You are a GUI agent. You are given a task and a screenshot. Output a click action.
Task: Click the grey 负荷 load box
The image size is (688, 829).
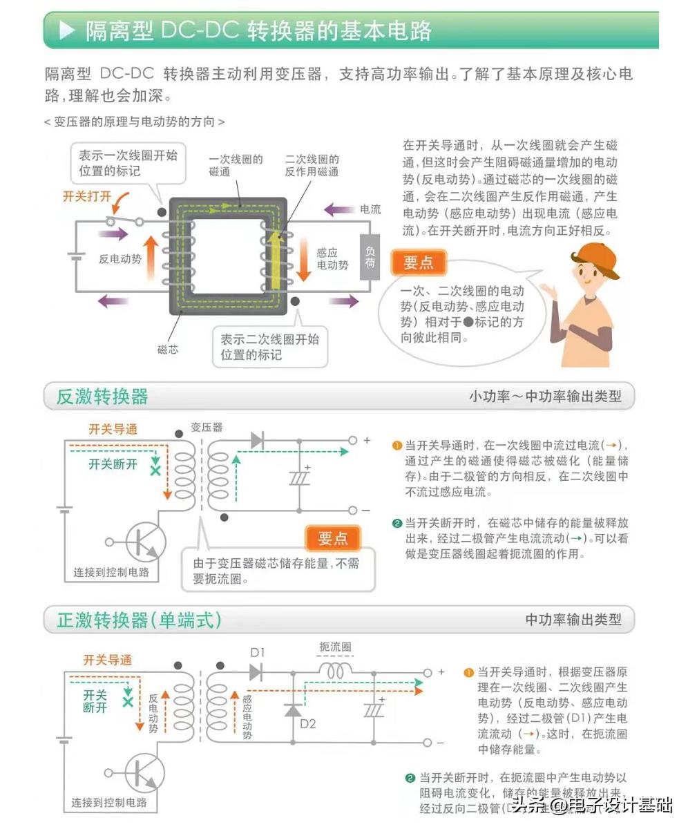click(x=370, y=257)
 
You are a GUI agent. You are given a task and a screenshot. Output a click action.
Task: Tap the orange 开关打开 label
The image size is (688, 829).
click(x=86, y=196)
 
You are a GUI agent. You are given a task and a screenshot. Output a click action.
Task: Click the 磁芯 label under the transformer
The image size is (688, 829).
click(x=168, y=350)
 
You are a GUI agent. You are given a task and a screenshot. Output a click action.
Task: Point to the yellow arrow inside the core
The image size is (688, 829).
click(x=276, y=259)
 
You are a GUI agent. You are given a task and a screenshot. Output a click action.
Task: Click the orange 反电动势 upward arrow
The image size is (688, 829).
click(x=151, y=258)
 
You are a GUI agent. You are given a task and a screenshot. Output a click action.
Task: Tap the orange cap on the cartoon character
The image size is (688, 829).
click(x=596, y=258)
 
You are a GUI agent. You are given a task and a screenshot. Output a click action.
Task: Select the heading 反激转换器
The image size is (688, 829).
click(x=102, y=397)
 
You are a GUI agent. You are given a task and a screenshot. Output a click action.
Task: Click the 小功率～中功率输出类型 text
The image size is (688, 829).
click(x=545, y=397)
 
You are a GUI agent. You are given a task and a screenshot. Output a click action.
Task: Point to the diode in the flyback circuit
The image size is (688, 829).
click(x=257, y=440)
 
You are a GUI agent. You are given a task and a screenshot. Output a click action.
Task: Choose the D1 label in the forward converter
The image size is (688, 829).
click(x=258, y=652)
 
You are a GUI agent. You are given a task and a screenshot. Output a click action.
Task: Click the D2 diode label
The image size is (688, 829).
click(x=307, y=724)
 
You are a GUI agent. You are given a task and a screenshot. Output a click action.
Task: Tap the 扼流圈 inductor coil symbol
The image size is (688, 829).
click(x=336, y=671)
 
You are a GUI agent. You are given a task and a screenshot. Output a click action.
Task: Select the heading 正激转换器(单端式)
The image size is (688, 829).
click(x=139, y=620)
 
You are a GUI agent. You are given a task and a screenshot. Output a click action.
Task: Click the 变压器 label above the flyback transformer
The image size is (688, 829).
click(x=207, y=428)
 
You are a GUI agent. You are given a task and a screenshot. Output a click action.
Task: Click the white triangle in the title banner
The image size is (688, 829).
click(x=67, y=30)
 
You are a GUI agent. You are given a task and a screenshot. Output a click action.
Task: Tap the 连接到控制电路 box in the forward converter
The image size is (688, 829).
click(x=109, y=803)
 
